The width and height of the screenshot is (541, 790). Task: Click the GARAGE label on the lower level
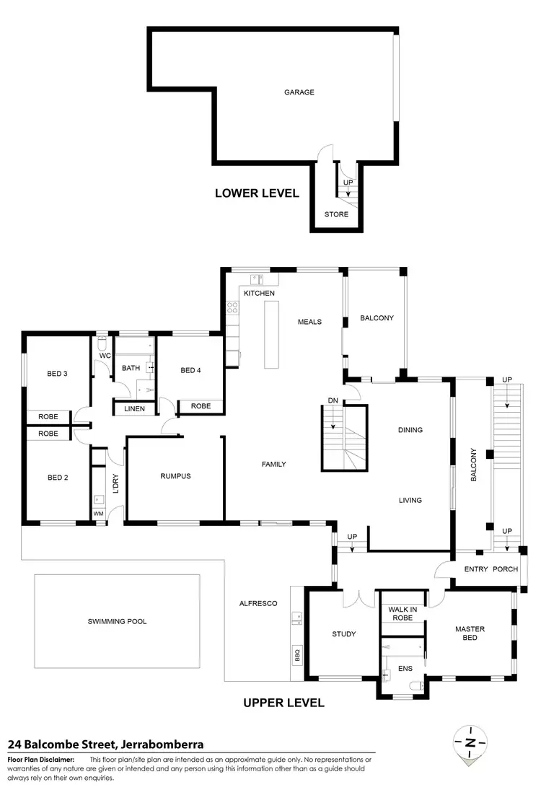point(299,92)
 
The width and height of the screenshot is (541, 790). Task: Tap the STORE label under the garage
point(336,214)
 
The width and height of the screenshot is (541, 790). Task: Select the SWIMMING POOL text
point(117,621)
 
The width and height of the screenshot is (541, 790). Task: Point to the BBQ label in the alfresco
point(296,656)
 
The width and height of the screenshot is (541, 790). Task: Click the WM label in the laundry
point(98,514)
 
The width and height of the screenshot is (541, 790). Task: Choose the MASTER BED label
point(470,633)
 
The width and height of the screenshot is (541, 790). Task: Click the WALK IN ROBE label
point(403,614)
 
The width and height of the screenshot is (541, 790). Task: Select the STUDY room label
point(343,634)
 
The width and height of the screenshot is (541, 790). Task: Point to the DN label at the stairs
point(333,400)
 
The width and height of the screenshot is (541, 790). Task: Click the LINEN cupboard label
point(134,409)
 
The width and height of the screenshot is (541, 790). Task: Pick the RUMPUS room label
point(175,476)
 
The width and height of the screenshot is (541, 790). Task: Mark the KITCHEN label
point(259,294)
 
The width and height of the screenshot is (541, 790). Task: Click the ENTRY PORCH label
point(486,569)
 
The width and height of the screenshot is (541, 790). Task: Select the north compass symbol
point(471,742)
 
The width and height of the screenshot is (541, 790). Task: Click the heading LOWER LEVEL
point(257,193)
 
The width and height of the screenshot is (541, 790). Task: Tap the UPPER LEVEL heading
point(283,703)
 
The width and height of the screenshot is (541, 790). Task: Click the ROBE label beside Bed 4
point(201,406)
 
